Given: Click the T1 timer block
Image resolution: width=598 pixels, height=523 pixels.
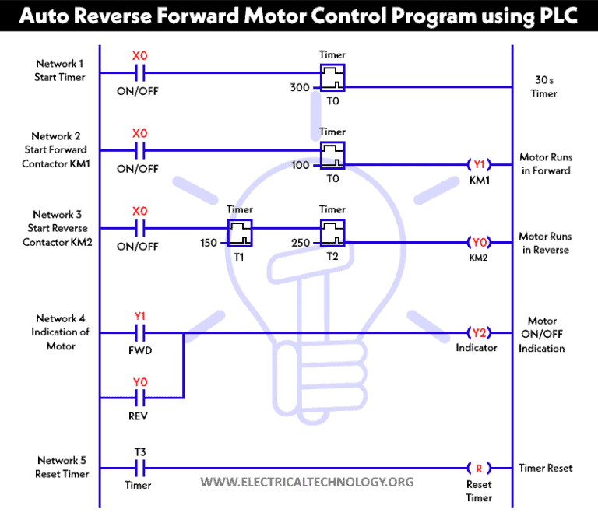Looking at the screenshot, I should [240, 231].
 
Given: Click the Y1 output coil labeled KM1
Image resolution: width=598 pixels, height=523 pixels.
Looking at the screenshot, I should [479, 164].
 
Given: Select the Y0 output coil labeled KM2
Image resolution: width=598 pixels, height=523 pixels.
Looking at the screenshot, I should [479, 242].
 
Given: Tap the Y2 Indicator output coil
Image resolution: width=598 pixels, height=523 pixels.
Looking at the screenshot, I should [479, 333].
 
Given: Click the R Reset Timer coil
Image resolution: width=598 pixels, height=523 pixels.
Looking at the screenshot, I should [479, 469].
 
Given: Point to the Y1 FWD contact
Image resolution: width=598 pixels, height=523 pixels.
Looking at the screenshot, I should [139, 333].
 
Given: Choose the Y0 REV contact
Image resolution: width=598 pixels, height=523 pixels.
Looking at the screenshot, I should [139, 398].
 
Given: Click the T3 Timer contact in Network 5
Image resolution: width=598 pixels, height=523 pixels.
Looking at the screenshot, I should [139, 469].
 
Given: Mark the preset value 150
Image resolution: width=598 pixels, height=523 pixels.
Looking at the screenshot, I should [209, 243].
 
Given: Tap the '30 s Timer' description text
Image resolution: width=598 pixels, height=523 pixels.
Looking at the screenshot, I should [544, 86].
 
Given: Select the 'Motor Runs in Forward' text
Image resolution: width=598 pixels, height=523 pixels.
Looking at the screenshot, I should [544, 163].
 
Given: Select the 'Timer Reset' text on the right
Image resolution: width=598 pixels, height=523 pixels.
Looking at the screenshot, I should [545, 468].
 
